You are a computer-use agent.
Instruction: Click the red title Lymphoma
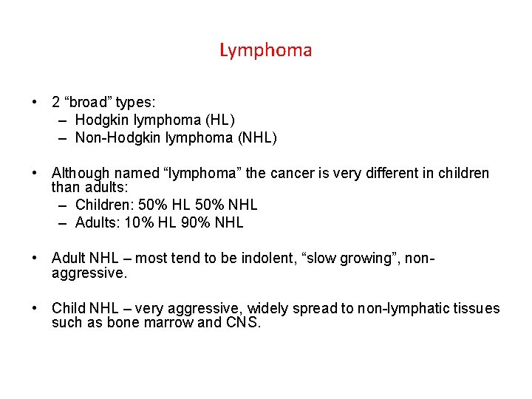coord(265,50)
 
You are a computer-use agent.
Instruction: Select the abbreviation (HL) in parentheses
coord(221,120)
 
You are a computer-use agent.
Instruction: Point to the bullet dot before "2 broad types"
coord(35,102)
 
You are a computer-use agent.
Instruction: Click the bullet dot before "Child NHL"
coord(35,309)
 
